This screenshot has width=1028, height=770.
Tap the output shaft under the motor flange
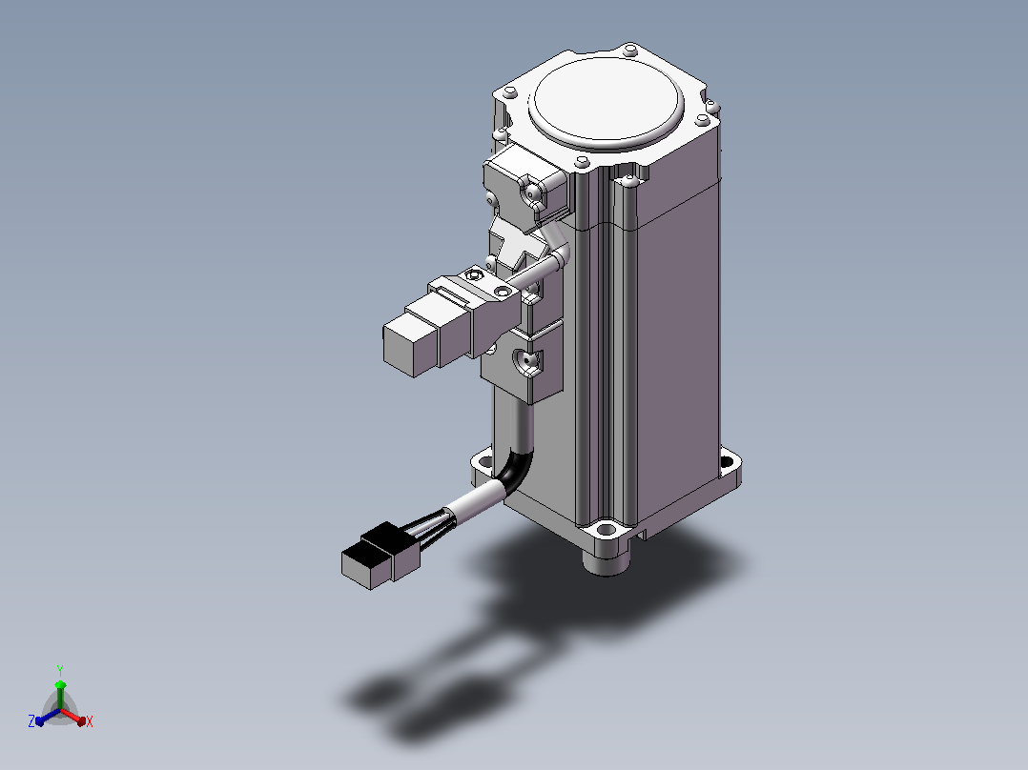tap(607, 561)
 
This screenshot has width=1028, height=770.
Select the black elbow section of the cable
tap(517, 469)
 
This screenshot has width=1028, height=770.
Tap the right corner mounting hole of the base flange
tap(727, 461)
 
